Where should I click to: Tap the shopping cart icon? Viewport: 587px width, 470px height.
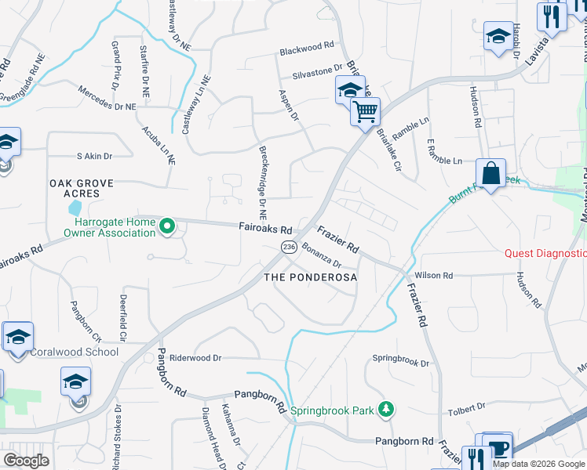pos(365,111)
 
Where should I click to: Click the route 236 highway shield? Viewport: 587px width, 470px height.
pos(289,247)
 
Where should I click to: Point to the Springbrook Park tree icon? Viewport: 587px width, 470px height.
pos(386,409)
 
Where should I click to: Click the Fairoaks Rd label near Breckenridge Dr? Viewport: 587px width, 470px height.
pos(265,229)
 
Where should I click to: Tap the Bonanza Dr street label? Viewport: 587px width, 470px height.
pos(321,258)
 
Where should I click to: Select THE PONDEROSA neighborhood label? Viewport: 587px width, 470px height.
pos(310,277)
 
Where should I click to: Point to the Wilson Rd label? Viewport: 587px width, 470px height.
pos(434,276)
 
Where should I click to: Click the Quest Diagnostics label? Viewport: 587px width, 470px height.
pos(545,253)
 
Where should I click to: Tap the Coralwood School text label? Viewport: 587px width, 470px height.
pos(74,352)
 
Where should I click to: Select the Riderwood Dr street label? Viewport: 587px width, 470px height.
pos(195,357)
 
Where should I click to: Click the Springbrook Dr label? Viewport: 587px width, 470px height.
pos(401,363)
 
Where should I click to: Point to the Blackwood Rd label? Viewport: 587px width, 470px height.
pos(308,52)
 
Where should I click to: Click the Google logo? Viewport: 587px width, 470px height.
pos(27,461)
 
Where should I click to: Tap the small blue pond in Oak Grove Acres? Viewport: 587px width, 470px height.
pos(75,208)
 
